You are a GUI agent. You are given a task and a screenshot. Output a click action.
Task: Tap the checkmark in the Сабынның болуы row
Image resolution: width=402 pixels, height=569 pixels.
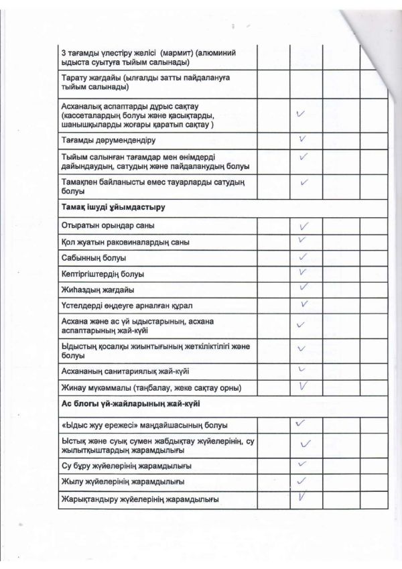[x=302, y=256]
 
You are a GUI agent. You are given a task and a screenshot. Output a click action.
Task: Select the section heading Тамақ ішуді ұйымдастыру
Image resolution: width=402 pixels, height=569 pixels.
[x=113, y=208]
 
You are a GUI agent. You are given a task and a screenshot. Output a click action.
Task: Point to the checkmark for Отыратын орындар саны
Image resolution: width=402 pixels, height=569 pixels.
[x=303, y=225]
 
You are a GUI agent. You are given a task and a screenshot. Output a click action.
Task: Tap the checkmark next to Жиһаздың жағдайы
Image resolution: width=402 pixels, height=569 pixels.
[x=304, y=288]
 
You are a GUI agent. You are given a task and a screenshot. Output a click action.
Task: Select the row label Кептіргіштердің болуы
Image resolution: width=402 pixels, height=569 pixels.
[x=103, y=274]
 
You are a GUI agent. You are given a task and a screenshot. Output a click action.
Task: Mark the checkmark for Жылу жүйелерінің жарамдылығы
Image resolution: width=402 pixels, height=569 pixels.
[x=301, y=481]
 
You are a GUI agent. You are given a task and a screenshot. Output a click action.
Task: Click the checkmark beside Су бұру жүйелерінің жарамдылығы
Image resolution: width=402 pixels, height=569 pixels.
[x=302, y=464]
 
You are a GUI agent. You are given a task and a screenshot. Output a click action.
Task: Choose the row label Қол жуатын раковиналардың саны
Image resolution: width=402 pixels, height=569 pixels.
[x=125, y=242]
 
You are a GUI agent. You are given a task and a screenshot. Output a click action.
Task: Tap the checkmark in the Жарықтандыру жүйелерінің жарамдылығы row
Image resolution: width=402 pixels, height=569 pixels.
[x=302, y=497]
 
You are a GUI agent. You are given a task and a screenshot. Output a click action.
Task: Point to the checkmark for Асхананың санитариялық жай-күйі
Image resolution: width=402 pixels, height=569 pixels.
[x=301, y=369]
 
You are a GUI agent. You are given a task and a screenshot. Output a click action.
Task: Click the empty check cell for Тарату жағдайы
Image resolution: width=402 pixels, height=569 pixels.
[x=306, y=82]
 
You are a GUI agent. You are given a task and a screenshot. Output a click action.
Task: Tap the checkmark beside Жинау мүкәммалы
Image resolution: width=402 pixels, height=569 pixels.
[x=303, y=385]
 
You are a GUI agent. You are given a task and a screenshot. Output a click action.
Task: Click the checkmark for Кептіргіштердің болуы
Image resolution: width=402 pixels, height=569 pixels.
[x=302, y=272]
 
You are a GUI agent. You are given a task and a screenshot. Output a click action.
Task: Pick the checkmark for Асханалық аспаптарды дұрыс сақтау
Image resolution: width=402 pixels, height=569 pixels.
[x=302, y=115]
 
